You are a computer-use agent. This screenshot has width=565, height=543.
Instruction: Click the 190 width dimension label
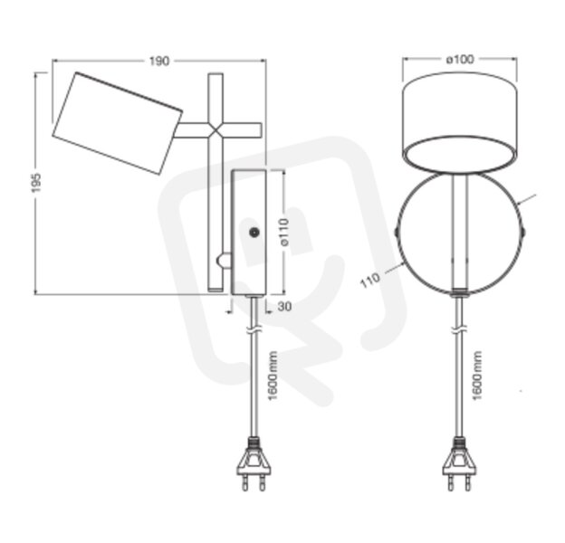(x=159, y=62)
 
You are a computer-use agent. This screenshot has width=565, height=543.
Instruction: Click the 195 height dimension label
(x=36, y=183)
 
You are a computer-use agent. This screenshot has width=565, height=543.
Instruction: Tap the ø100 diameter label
(x=460, y=59)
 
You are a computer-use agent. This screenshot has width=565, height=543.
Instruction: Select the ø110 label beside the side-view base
(x=284, y=232)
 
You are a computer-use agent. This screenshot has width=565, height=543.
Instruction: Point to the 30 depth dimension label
(x=284, y=307)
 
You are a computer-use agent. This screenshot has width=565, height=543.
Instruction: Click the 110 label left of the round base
(x=370, y=280)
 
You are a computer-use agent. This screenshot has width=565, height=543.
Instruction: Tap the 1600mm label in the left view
(x=273, y=376)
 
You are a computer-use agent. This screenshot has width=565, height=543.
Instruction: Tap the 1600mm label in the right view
(x=476, y=375)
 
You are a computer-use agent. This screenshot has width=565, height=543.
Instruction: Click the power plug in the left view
(x=254, y=463)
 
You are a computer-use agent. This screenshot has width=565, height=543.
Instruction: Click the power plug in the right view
(x=459, y=463)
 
